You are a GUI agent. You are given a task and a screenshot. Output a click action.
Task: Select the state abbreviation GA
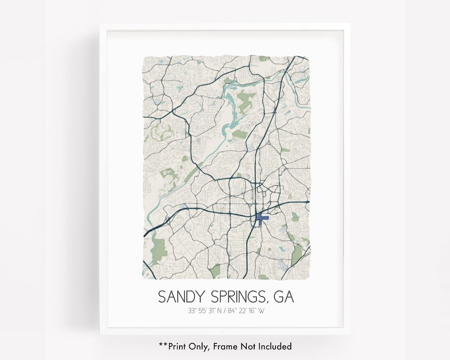[x=284, y=297]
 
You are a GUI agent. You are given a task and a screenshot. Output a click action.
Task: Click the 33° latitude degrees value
[x=192, y=311]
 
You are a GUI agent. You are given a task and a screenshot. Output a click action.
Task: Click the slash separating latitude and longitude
[x=225, y=311]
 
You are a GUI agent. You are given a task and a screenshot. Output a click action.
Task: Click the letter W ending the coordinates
[x=261, y=311]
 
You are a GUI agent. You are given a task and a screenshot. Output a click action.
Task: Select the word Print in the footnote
[x=177, y=346]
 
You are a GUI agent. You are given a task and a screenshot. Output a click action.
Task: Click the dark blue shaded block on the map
[x=261, y=218]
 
